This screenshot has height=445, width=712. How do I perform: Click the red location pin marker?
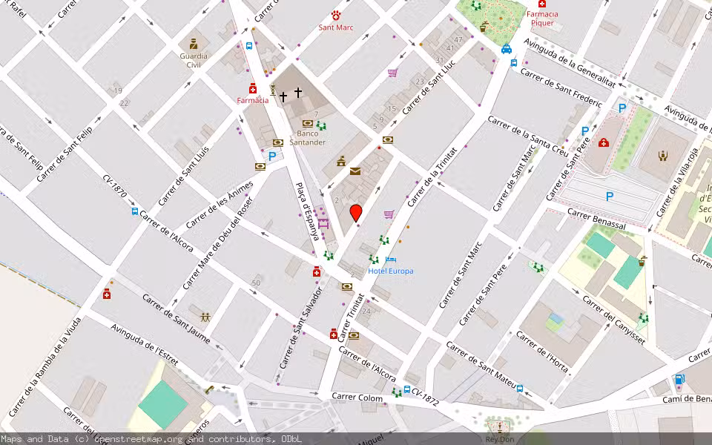point(356,213)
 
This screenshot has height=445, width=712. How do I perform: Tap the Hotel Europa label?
point(391,271)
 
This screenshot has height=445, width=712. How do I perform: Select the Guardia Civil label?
point(194,59)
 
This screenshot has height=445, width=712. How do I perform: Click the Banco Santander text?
point(308,137)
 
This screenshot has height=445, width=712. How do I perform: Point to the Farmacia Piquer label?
point(541,19)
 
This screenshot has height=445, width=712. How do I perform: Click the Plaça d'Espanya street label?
point(306,211)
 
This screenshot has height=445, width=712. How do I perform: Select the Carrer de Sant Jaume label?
point(171,312)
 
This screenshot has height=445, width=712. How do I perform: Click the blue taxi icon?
point(506,49)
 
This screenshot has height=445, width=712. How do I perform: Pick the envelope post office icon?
point(355,171)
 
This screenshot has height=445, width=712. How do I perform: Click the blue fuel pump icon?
point(678,380)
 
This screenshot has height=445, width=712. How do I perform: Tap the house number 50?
point(256,283)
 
